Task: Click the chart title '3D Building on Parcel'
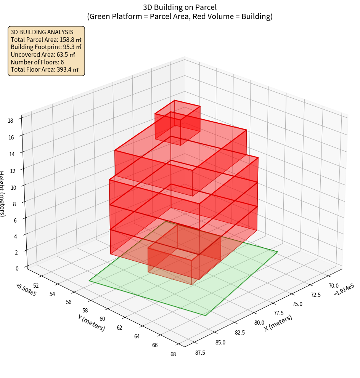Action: pyautogui.click(x=180, y=7)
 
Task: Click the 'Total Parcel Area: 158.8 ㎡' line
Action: pyautogui.click(x=46, y=40)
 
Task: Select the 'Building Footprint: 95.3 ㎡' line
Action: pyautogui.click(x=46, y=47)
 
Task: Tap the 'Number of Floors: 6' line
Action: pyautogui.click(x=37, y=62)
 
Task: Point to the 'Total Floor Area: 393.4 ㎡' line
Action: pyautogui.click(x=44, y=70)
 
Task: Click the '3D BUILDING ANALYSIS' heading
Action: pyautogui.click(x=42, y=32)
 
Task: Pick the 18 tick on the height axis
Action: pyautogui.click(x=10, y=121)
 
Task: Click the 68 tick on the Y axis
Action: pyautogui.click(x=174, y=354)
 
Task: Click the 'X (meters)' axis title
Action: pyautogui.click(x=278, y=323)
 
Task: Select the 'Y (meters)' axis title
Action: pyautogui.click(x=91, y=322)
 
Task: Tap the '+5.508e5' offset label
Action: pyautogui.click(x=26, y=290)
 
